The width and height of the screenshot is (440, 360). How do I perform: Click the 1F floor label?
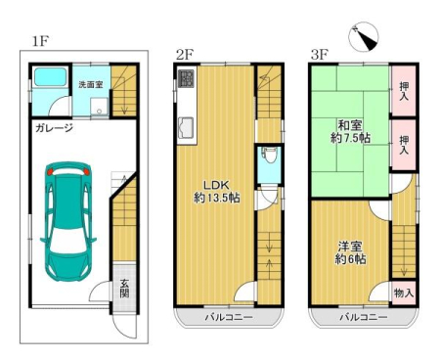coord(40,41)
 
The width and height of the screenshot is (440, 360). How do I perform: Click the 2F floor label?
coord(185,55)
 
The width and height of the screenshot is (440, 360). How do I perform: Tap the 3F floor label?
coord(320,55)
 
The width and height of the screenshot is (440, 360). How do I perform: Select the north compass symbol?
coord(364,36)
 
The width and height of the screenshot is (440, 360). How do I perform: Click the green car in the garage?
coord(67,221)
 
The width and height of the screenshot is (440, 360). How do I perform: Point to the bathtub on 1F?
coord(51,77)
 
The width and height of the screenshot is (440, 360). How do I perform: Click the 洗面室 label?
coord(91,84)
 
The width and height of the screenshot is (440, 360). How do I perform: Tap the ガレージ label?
coord(54,128)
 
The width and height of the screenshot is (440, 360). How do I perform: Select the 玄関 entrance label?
coord(124,289)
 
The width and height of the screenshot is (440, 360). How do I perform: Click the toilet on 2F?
coord(269,156)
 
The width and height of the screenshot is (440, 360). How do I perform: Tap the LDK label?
coord(216,185)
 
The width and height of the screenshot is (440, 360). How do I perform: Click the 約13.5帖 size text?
coord(217,198)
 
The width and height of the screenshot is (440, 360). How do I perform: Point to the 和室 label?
coord(350,125)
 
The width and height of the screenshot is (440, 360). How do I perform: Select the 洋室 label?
coord(350,247)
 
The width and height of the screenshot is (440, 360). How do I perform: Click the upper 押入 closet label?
coord(404,91)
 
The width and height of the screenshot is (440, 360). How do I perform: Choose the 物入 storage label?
coord(404,292)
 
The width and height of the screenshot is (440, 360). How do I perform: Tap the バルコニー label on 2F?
coord(229,317)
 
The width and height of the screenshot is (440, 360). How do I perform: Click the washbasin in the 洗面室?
coord(99,107)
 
